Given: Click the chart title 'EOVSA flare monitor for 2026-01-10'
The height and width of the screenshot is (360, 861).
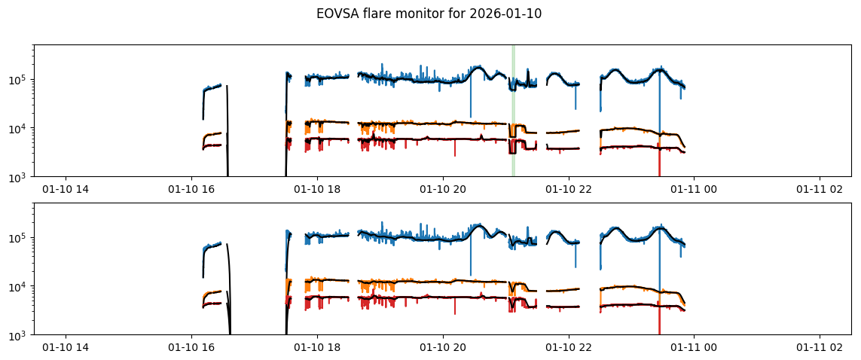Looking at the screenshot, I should (429, 14).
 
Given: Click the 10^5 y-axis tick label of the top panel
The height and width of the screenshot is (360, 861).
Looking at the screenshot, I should (20, 80).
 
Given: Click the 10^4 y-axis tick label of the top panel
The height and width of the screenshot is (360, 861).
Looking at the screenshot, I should (20, 129).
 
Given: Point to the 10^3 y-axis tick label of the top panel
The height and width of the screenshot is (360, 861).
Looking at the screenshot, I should (20, 177).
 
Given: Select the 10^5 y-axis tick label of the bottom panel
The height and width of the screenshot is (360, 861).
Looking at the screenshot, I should (20, 238).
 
